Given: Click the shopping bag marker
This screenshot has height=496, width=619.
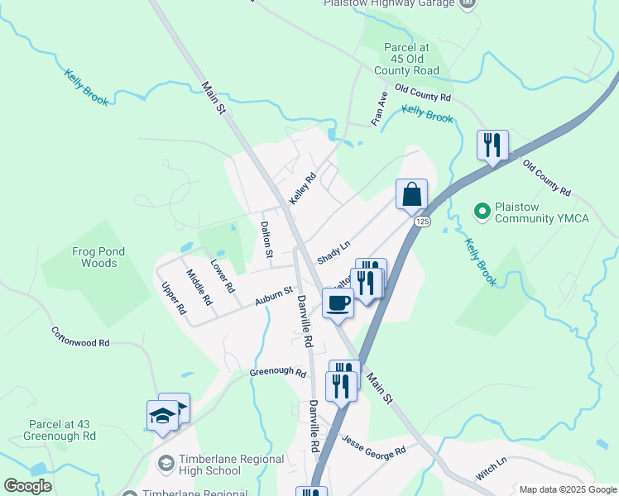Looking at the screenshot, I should point(411,195).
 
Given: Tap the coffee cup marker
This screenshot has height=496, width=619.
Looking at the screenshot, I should point(338,303).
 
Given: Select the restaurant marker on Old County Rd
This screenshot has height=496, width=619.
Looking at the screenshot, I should point(492,145).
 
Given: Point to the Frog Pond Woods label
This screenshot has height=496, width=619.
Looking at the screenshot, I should point(83,257).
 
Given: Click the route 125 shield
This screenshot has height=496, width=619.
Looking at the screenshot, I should point(422,222).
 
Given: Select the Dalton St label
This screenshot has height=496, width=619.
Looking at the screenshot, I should point(266,240).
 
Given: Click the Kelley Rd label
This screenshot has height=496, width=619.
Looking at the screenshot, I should point(303,188).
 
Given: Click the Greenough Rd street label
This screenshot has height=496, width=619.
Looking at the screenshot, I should point(278,372).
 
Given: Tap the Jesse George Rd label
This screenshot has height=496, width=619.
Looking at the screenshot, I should point(374,446).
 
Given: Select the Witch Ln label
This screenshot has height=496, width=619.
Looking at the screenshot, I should point(491,471).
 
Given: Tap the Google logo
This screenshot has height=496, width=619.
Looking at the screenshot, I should point(27,486).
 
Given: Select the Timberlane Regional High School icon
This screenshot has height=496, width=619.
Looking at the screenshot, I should point(166,461).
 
